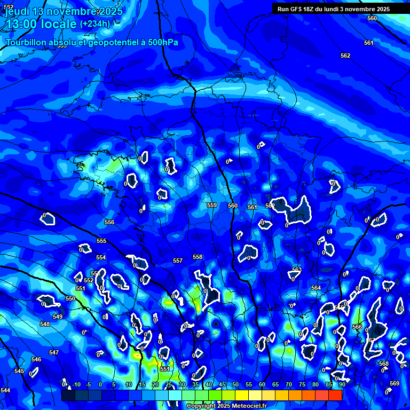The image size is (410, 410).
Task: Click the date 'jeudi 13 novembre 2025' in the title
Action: tap(63, 11)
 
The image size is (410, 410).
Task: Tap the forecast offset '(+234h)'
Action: tap(95, 24)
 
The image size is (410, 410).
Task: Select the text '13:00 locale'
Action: tap(41, 24)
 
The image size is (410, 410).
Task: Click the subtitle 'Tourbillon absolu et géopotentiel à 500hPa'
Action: tap(92, 42)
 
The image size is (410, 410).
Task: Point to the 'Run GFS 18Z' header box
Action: tap(333, 9)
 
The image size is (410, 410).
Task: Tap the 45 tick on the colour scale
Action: tap(222, 384)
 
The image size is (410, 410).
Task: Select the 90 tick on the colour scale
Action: tap(342, 384)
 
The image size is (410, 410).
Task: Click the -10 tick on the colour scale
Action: tap(76, 384)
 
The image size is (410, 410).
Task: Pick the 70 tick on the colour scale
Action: tap(289, 384)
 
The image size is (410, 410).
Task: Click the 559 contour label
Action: tap(212, 205)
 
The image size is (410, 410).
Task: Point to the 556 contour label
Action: tap(109, 222)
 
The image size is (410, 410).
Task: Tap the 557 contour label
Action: tap(178, 261)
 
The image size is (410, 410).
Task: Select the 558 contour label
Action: tap(198, 257)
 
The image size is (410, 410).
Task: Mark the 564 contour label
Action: tap(316, 288)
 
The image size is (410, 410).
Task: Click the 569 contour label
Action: tap(395, 383)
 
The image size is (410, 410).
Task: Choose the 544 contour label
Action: tap(5, 390)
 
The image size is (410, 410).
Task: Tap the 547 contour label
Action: tap(54, 352)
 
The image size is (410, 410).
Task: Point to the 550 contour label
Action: tap(70, 298)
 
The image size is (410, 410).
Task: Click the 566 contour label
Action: tap(357, 327)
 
